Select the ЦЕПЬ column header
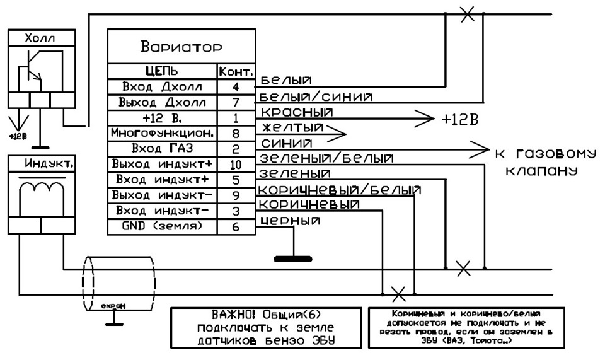162,71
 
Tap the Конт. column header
236,71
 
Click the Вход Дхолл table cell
162,86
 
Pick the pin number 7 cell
236,102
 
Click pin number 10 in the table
236,165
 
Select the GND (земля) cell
162,225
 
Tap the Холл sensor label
41,38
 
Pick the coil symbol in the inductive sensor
40,189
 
